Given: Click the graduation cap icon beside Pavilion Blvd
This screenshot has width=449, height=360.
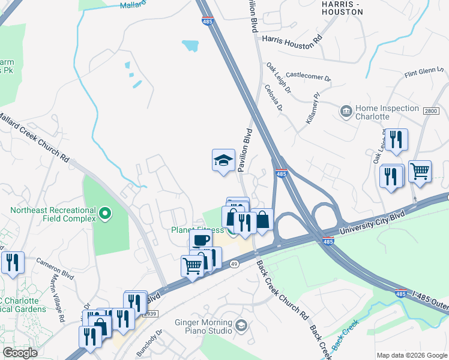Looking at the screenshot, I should (223, 160).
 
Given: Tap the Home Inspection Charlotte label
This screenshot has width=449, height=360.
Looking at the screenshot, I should (387, 112).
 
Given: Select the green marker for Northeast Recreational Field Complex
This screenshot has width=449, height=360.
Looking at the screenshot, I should (105, 213).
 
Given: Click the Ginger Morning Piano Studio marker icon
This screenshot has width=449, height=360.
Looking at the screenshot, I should (241, 326).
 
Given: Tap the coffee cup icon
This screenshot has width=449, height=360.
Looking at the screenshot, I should (200, 240).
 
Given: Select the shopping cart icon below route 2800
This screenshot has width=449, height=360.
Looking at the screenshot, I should (420, 171).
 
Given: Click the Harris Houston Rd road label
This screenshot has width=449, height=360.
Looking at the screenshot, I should (292, 38).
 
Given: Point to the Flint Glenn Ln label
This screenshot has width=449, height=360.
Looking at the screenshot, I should (423, 73).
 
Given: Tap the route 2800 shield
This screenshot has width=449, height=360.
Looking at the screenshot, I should (431, 111).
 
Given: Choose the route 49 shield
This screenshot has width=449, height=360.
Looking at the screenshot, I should (234, 263).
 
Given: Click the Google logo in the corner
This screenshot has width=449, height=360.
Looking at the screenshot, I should (20, 352).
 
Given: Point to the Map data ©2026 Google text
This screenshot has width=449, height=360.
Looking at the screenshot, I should (411, 355).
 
